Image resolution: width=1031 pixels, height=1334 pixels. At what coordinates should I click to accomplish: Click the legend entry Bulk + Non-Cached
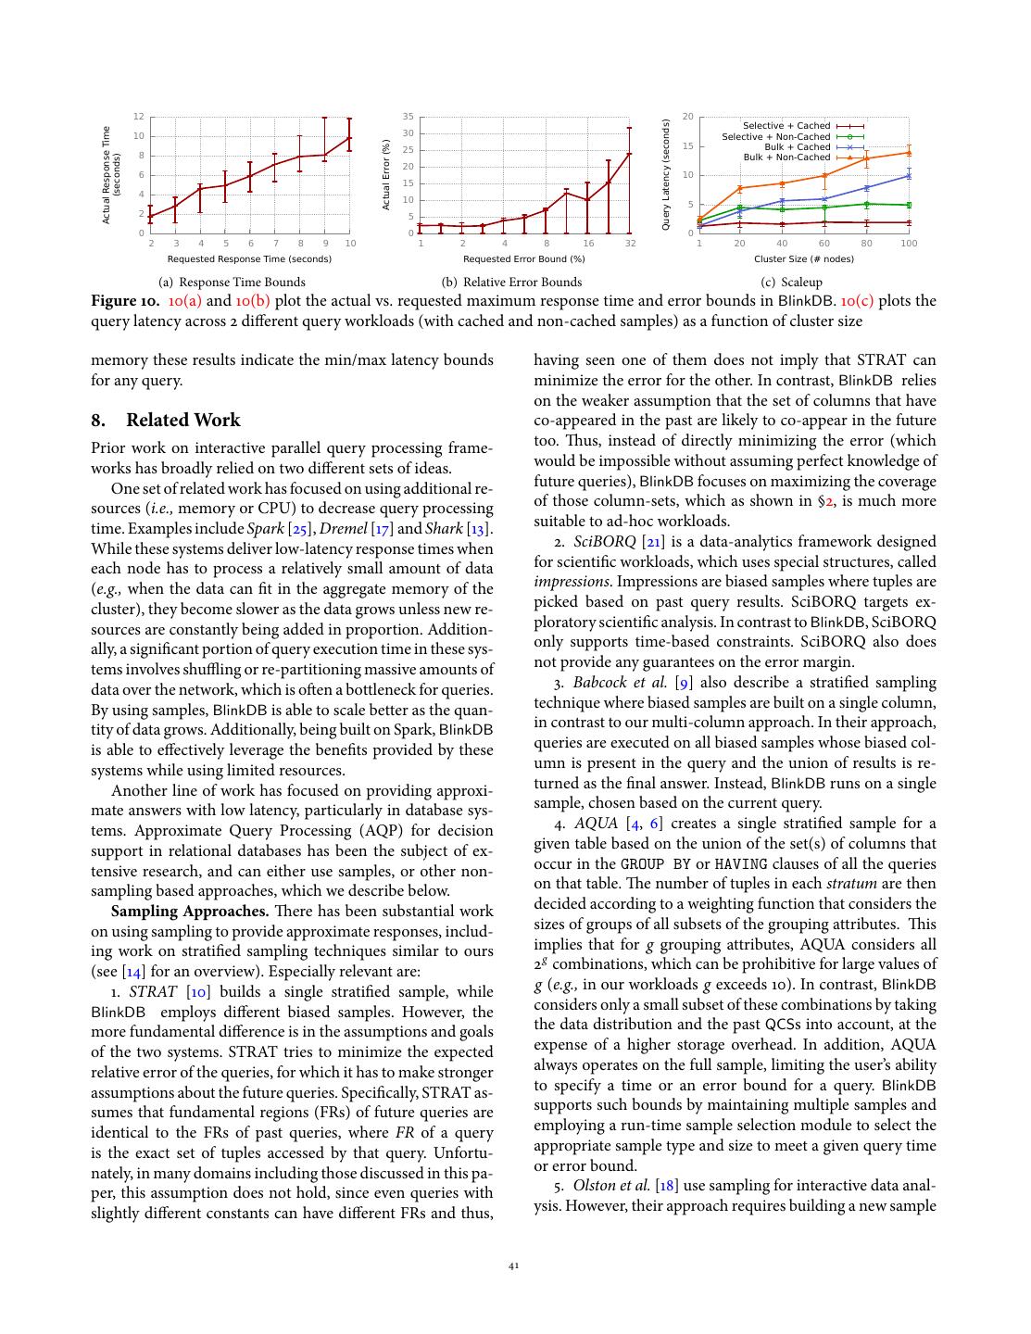pyautogui.click(x=786, y=157)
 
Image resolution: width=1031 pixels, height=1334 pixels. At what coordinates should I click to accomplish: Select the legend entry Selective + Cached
pyautogui.click(x=786, y=126)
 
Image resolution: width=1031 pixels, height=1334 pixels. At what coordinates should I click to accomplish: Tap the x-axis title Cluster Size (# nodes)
pyautogui.click(x=803, y=259)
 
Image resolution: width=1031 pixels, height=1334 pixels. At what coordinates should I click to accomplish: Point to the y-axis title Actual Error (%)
pyautogui.click(x=387, y=174)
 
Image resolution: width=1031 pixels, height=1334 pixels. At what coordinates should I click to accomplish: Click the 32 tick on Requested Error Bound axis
pyautogui.click(x=630, y=244)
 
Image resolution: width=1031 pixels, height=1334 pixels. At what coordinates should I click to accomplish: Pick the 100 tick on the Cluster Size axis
pyautogui.click(x=909, y=244)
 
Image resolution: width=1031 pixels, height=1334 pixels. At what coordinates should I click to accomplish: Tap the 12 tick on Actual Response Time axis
pyautogui.click(x=138, y=117)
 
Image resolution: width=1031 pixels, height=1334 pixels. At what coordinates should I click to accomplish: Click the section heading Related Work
pyautogui.click(x=182, y=421)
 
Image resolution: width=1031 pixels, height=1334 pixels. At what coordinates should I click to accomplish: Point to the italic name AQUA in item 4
pyautogui.click(x=596, y=824)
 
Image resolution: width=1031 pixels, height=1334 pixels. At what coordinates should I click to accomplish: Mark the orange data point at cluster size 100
pyautogui.click(x=909, y=152)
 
